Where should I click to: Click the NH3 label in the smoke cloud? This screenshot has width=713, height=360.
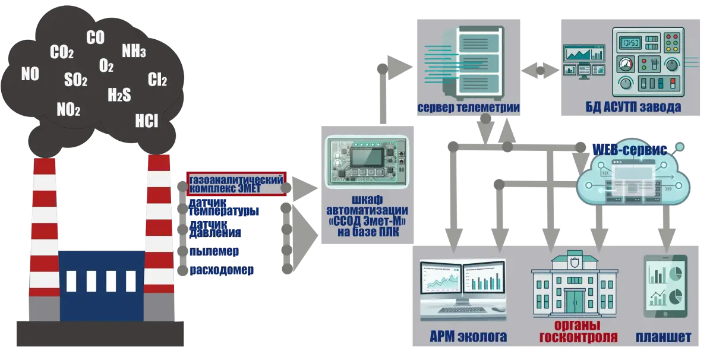(134, 51)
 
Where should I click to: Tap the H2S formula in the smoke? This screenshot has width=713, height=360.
(119, 94)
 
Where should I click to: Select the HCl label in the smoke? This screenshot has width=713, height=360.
(146, 121)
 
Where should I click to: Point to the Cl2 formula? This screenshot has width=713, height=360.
(157, 80)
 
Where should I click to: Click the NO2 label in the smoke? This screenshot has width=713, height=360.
(68, 109)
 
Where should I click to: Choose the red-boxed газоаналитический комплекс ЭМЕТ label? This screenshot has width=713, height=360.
(236, 184)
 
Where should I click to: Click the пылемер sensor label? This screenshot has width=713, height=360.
(214, 251)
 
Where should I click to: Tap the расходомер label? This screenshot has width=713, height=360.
(222, 270)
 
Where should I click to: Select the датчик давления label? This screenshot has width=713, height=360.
(215, 229)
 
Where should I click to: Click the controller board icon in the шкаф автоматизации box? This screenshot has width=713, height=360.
(367, 162)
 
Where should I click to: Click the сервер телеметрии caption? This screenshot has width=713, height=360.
(469, 108)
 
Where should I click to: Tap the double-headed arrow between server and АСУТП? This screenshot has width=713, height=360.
(540, 70)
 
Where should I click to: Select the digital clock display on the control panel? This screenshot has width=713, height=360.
(629, 43)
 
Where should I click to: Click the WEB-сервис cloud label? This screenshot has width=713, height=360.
(630, 150)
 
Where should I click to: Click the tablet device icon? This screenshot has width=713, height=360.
(665, 286)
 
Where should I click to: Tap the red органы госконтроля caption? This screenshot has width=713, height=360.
(578, 331)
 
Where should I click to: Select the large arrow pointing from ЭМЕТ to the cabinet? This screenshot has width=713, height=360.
(305, 188)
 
